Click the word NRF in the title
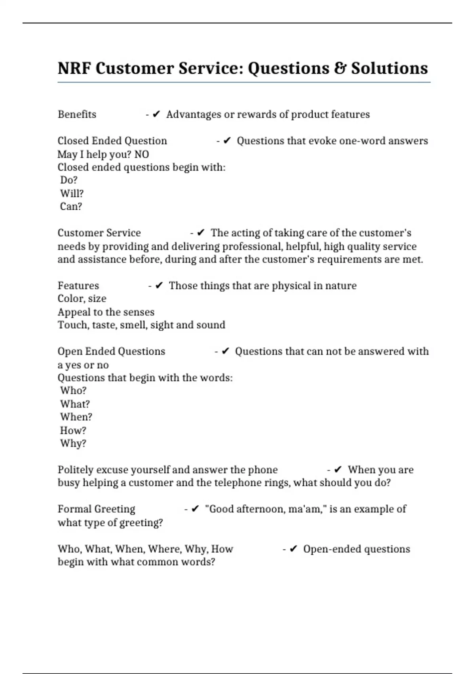[x=74, y=68]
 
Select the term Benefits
[x=77, y=115]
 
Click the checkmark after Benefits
[x=156, y=115]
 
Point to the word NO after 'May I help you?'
[x=142, y=154]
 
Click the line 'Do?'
[x=69, y=180]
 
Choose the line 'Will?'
[x=72, y=193]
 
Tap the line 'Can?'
[x=71, y=207]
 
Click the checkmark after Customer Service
[x=201, y=233]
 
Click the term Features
[x=78, y=286]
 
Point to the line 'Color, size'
[x=82, y=299]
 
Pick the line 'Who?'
[x=73, y=391]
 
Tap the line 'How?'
[x=73, y=431]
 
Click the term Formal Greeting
[x=97, y=509]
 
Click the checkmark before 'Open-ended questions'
[x=293, y=549]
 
